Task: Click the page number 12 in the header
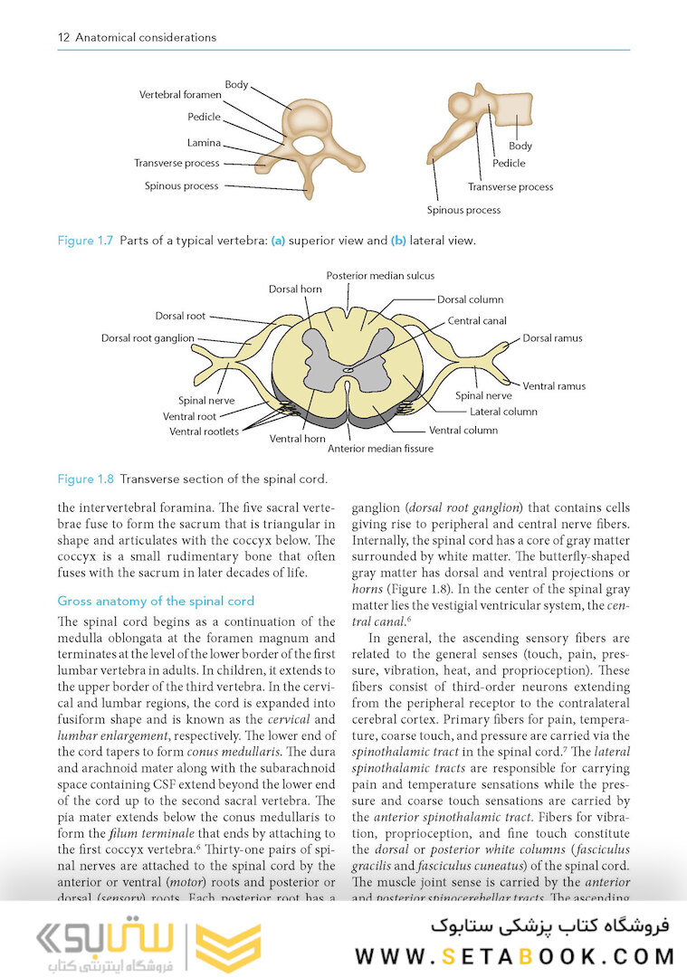tap(63, 38)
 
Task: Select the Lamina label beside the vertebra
tap(204, 142)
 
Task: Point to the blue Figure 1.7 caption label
tap(85, 241)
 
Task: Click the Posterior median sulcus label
tap(380, 275)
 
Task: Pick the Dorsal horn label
tap(295, 289)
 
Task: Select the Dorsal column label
tap(470, 299)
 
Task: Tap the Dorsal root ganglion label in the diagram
tap(148, 338)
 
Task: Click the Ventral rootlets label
tap(204, 432)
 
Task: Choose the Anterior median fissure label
tap(380, 448)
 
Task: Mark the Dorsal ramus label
tap(552, 338)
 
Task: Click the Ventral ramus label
tap(554, 385)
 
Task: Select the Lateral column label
tap(503, 412)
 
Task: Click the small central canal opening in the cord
tap(348, 369)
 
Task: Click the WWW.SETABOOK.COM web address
tap(514, 956)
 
